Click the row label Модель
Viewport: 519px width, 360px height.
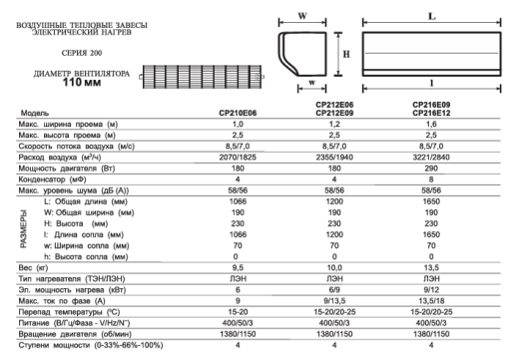tap(35, 114)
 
